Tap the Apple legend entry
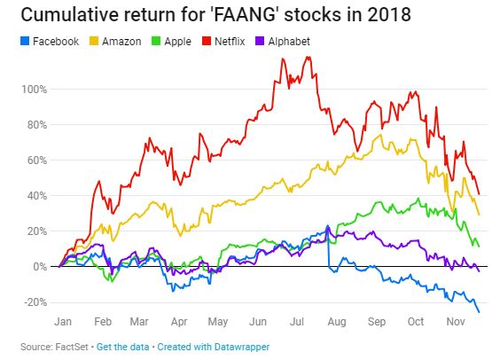(x=181, y=41)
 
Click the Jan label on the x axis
(x=63, y=324)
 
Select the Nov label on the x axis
(x=455, y=324)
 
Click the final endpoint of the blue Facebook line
(x=480, y=311)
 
